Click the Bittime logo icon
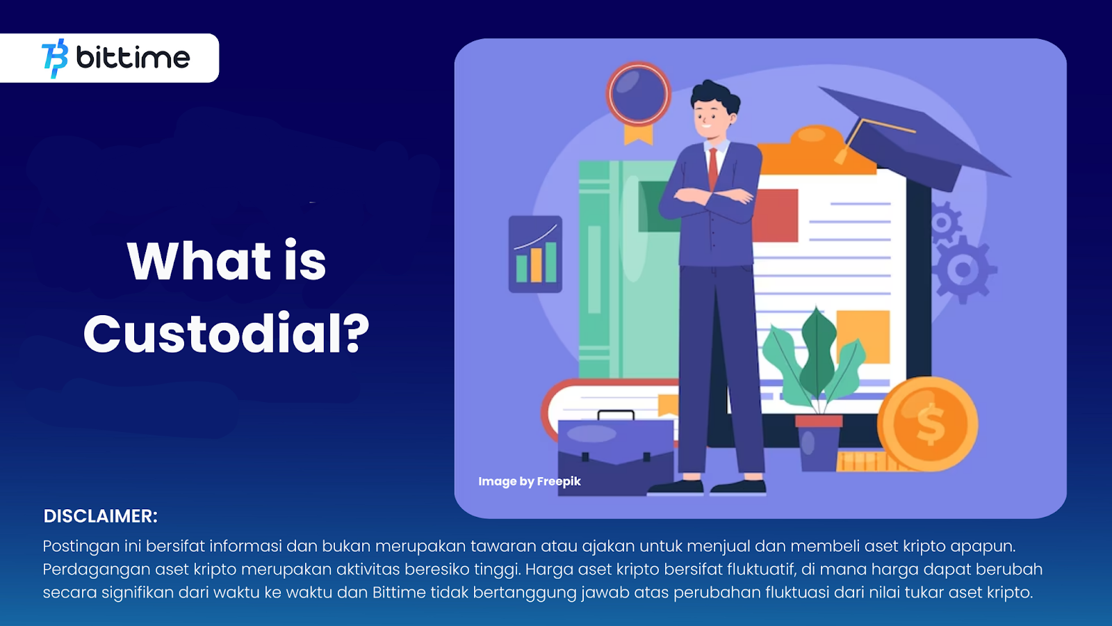click(x=55, y=58)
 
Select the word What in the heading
click(x=199, y=260)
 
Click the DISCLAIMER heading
click(x=100, y=516)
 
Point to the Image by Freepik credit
click(x=529, y=481)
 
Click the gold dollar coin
click(x=927, y=424)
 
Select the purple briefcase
click(x=616, y=453)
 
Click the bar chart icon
click(x=535, y=254)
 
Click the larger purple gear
click(x=963, y=270)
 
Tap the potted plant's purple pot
click(x=818, y=443)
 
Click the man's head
click(x=714, y=111)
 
